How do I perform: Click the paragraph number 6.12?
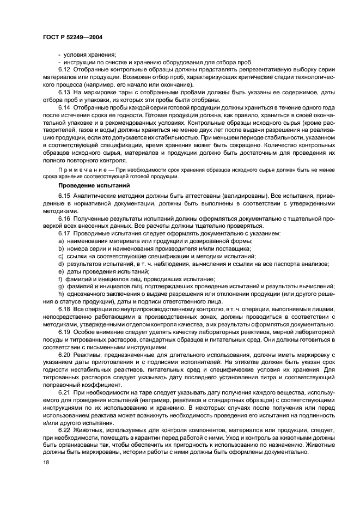click(x=64, y=70)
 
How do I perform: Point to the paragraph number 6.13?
click(x=64, y=93)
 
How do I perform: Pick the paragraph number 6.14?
click(x=64, y=108)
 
